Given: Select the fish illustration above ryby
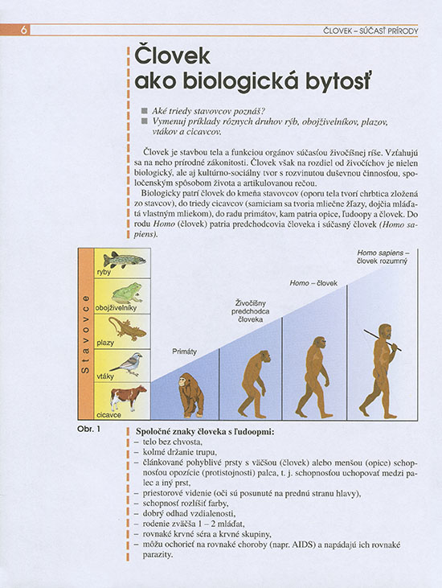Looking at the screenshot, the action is (x=124, y=259).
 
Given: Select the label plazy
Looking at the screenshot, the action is (x=104, y=342).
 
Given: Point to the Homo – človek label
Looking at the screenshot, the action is (x=314, y=284).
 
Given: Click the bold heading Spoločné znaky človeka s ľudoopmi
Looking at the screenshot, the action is (x=207, y=434).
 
